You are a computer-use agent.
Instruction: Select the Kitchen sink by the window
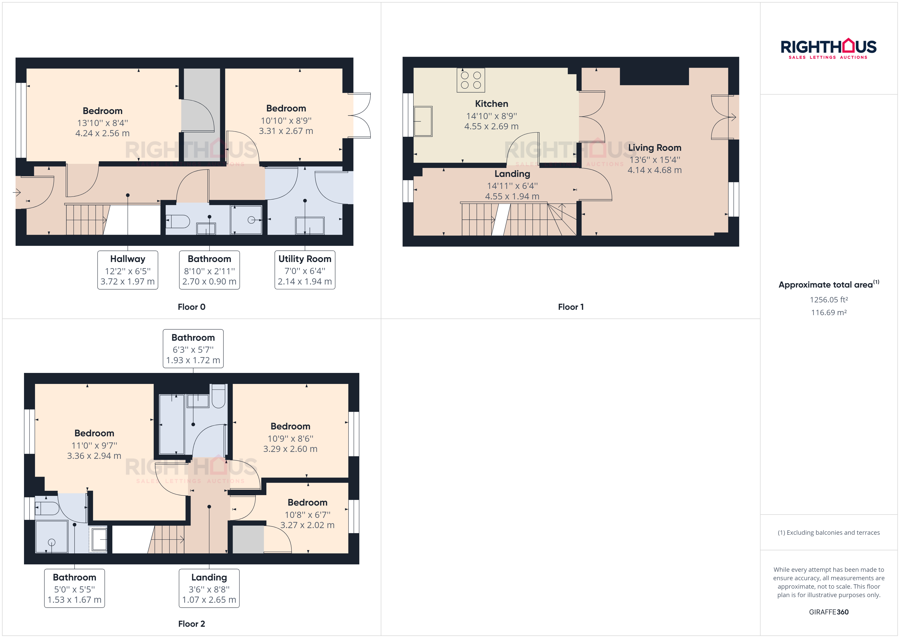tap(423, 121)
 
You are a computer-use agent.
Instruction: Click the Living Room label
tap(655, 148)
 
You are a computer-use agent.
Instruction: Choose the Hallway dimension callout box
tap(127, 270)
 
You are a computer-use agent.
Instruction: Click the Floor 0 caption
tap(192, 307)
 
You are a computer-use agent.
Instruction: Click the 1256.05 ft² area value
tap(829, 300)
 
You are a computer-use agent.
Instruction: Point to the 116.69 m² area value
tap(829, 313)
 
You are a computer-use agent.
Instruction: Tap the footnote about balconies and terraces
tap(829, 532)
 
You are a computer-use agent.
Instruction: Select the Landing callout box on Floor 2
tap(209, 588)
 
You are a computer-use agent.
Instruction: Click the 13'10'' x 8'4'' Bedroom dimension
tap(102, 123)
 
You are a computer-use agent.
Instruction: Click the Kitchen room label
tap(491, 104)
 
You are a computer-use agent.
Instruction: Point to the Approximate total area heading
tap(829, 284)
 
